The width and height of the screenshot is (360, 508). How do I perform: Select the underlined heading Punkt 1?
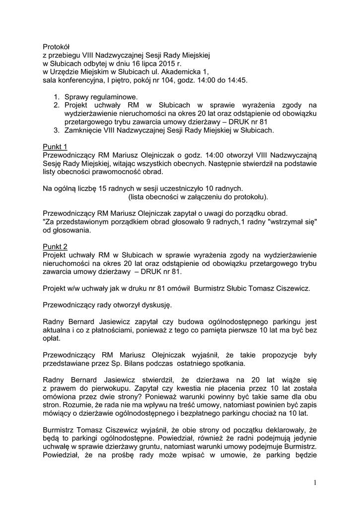pyautogui.click(x=55, y=146)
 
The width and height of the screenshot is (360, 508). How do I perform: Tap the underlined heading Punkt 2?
pyautogui.click(x=55, y=247)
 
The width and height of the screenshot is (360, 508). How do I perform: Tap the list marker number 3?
pyautogui.click(x=57, y=130)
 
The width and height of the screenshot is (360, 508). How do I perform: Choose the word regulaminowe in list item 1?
pyautogui.click(x=112, y=97)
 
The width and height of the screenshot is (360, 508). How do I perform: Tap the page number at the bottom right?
pyautogui.click(x=315, y=483)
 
